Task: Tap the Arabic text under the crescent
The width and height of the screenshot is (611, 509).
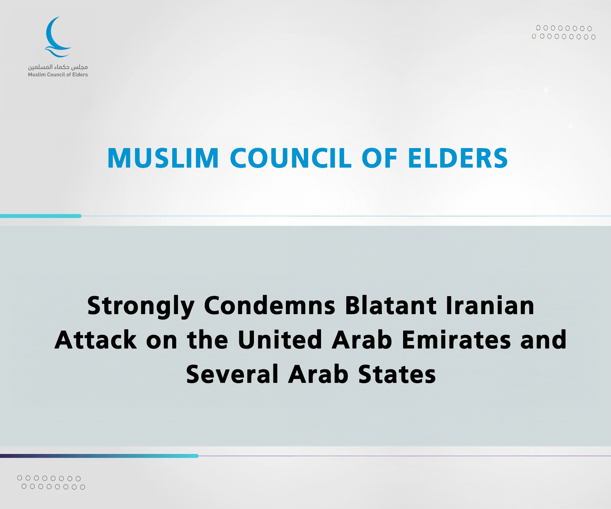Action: coord(58,67)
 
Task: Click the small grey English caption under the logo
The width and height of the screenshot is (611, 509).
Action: coord(58,75)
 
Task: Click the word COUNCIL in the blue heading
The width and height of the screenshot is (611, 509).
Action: coord(291,158)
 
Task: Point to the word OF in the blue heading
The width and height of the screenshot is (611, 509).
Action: coord(380,158)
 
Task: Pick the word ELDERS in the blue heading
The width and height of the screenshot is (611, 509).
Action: coord(458,158)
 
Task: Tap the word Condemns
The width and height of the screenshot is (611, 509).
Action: coord(270,305)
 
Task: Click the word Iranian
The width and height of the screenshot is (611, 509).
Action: coord(490,305)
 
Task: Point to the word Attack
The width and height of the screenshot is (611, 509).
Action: coord(96,339)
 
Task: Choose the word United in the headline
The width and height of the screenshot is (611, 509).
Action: coord(280,339)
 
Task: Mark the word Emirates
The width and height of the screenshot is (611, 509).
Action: coord(456,339)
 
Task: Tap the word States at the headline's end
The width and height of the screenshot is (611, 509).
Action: coord(397,374)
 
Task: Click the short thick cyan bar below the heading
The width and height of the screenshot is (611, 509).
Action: coord(41,216)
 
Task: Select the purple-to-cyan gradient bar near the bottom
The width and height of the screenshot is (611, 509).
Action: coord(99,456)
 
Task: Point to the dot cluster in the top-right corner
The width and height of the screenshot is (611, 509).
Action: coord(563,33)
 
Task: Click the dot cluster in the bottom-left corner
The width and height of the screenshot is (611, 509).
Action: coord(51,483)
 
